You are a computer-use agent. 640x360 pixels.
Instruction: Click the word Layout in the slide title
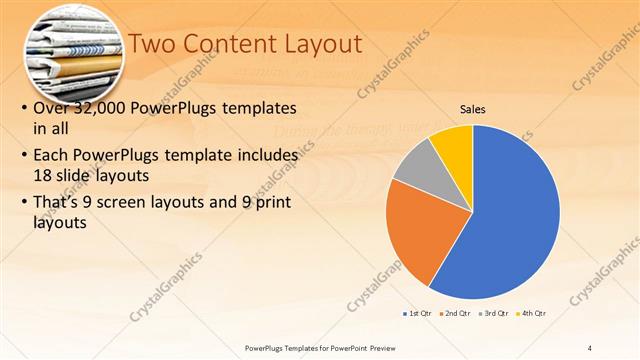pos(319,43)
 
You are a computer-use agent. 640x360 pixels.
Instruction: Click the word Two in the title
pos(153,43)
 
